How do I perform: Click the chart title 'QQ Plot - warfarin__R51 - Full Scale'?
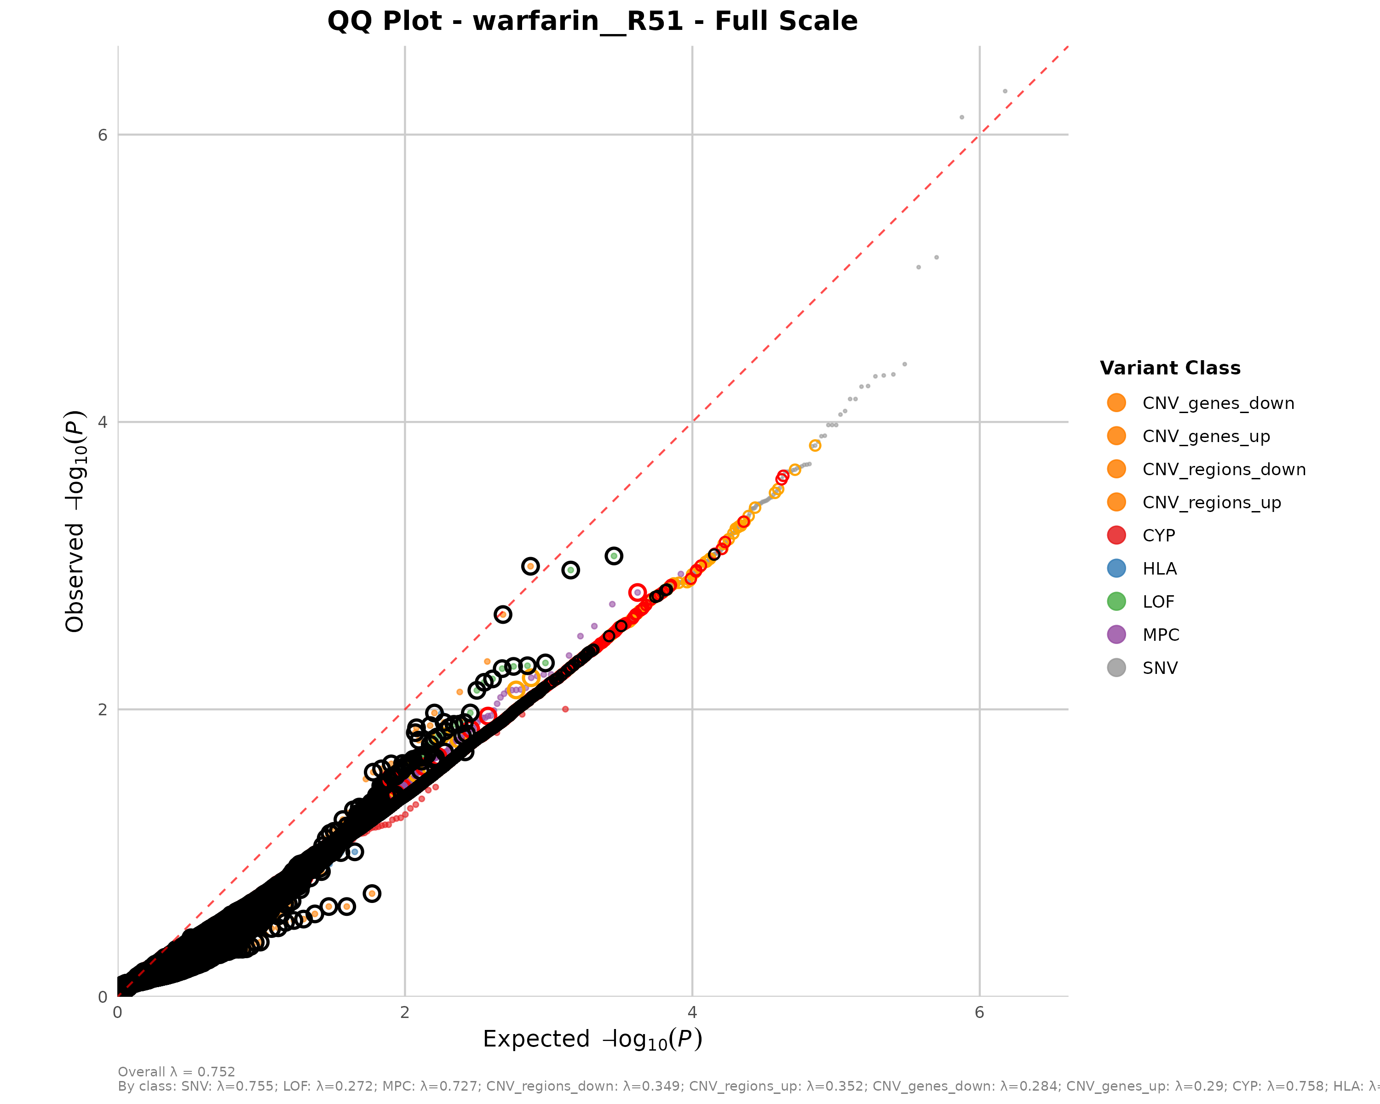(x=592, y=21)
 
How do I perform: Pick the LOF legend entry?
(x=1158, y=602)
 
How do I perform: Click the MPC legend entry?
(x=1161, y=634)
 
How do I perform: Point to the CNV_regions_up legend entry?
(x=1211, y=502)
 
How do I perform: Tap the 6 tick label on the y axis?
(x=103, y=135)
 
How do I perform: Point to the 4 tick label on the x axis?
(x=692, y=1012)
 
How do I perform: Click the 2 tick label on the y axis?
(x=103, y=710)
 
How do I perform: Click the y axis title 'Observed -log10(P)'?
(x=75, y=521)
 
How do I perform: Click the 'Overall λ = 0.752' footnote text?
(x=177, y=1072)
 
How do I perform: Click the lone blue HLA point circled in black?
(x=355, y=852)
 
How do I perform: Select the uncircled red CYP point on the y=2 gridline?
(x=565, y=709)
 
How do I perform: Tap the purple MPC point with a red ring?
(x=637, y=592)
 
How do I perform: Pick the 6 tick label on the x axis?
(x=979, y=1012)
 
